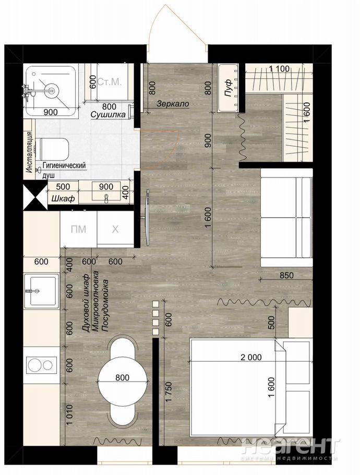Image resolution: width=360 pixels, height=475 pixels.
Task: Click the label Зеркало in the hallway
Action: pyautogui.click(x=173, y=104)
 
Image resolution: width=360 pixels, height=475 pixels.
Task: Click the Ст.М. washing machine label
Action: pyautogui.click(x=110, y=82)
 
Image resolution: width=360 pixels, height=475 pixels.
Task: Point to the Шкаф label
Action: pyautogui.click(x=63, y=199)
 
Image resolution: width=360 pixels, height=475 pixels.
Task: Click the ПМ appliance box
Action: pyautogui.click(x=78, y=229)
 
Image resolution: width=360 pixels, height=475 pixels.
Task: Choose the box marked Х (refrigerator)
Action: pyautogui.click(x=115, y=229)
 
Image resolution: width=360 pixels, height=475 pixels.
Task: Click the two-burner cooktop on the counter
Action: pyautogui.click(x=42, y=365)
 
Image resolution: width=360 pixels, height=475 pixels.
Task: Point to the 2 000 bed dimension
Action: pyautogui.click(x=251, y=357)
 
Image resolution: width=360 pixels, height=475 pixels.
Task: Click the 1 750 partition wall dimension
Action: pyautogui.click(x=169, y=391)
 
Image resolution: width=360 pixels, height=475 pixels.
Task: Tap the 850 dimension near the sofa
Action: pyautogui.click(x=286, y=276)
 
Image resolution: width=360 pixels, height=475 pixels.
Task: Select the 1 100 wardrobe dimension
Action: pyautogui.click(x=279, y=69)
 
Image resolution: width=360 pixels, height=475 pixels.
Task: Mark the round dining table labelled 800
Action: pyautogui.click(x=122, y=378)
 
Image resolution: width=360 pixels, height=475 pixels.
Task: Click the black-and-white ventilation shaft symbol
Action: pyautogui.click(x=35, y=197)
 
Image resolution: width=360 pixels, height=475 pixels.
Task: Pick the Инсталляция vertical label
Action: pyautogui.click(x=29, y=152)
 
